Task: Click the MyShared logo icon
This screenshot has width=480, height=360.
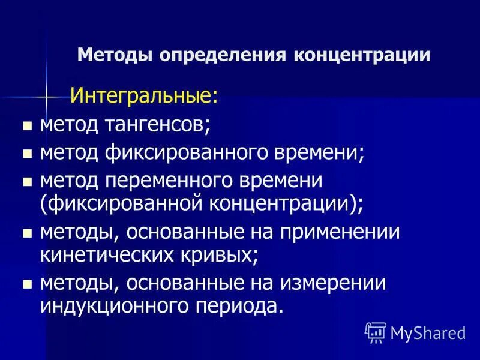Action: click(x=376, y=332)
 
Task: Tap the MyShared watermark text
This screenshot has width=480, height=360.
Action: click(x=428, y=332)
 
